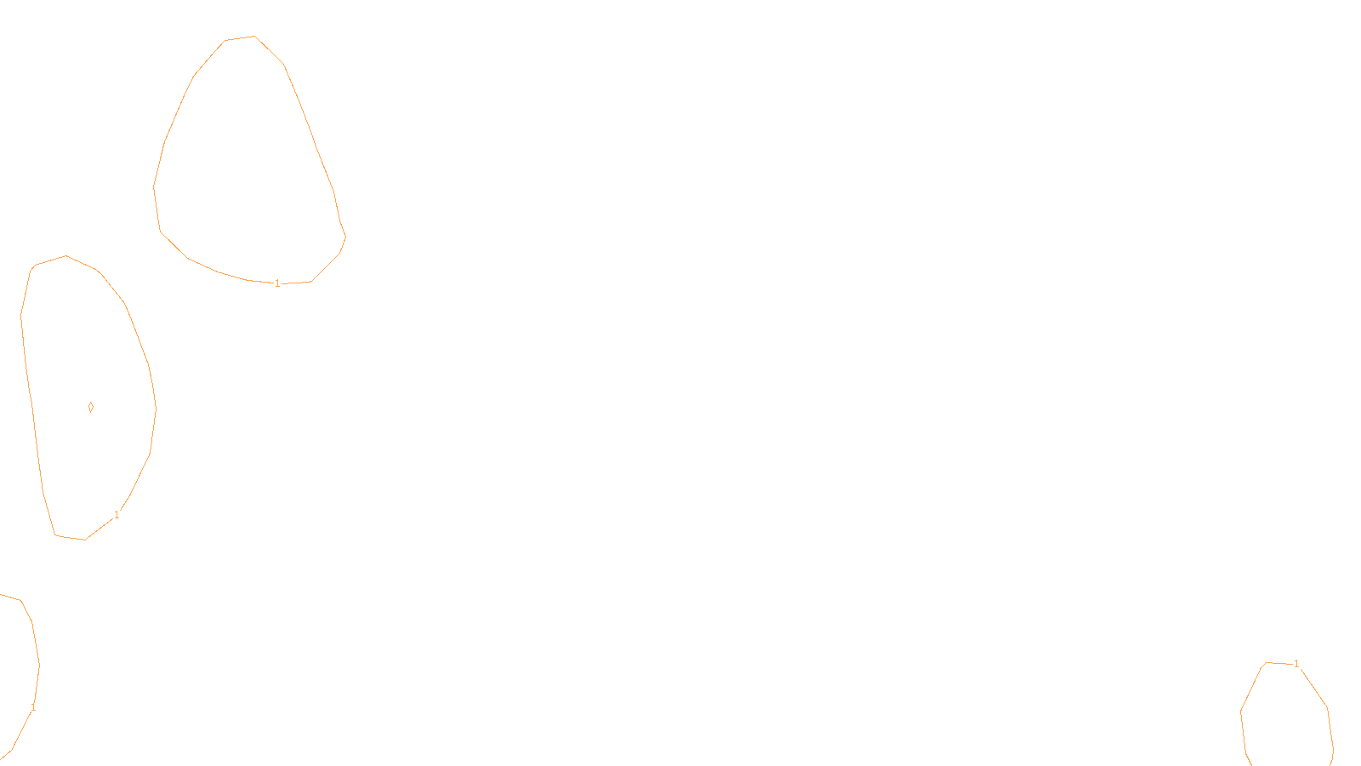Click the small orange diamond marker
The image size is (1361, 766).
[91, 407]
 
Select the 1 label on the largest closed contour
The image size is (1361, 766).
[277, 283]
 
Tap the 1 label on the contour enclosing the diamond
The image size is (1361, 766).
[117, 515]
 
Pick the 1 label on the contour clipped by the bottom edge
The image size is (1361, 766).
[1296, 664]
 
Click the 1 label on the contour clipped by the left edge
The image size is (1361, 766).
[33, 707]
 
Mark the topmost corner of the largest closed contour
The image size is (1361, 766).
[253, 36]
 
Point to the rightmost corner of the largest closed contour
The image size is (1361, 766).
[345, 237]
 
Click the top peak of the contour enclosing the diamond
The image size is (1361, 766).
[65, 255]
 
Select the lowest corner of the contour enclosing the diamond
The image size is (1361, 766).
[84, 540]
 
